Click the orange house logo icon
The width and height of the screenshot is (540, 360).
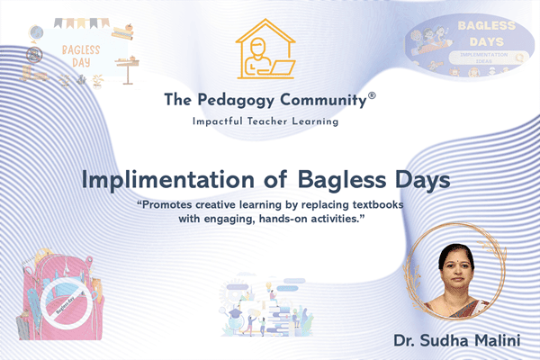[x=269, y=50]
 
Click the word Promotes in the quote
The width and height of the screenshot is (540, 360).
[x=172, y=205]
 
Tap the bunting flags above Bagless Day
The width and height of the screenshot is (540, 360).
[x=81, y=22]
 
